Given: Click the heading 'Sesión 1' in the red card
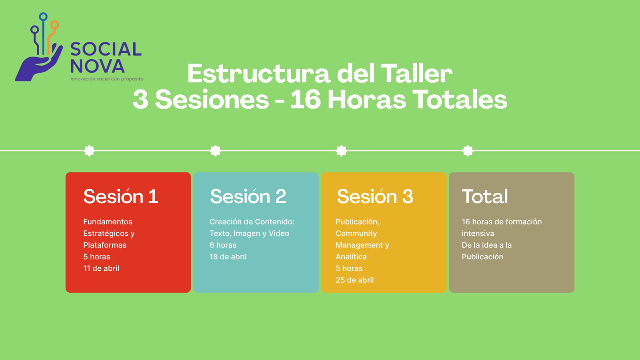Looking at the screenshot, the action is (x=120, y=196).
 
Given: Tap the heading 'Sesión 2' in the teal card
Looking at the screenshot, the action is (x=248, y=196).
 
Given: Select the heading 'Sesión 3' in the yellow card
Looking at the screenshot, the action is (x=375, y=196).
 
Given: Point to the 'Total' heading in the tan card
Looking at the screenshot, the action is (x=485, y=196).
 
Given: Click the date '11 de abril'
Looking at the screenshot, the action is (x=101, y=268).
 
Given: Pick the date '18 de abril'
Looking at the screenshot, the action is (x=228, y=256).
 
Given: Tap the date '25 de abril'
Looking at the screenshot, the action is (x=354, y=280).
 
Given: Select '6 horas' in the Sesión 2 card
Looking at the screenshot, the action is (x=223, y=245).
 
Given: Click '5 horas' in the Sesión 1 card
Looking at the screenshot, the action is (x=96, y=256).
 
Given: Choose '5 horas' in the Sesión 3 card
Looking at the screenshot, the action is (x=349, y=268).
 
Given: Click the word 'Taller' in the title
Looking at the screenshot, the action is (x=416, y=74).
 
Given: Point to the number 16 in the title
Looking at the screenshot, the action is (x=306, y=100).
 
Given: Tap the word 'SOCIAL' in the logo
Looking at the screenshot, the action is (x=106, y=49).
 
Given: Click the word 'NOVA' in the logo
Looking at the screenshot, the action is (x=98, y=66).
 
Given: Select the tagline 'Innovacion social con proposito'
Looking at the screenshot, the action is (x=107, y=79).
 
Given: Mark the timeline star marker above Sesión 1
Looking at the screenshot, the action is (x=90, y=150).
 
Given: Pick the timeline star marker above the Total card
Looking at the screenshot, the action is (x=468, y=150).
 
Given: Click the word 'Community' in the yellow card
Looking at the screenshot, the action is (x=356, y=234).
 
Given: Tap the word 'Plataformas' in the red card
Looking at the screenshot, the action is (x=104, y=245).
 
